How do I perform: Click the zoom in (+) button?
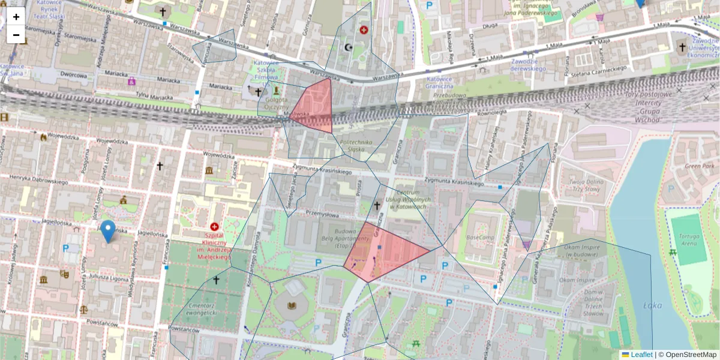pyautogui.click(x=16, y=17)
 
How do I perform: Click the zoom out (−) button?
pyautogui.click(x=16, y=35)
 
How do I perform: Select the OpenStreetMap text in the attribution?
pyautogui.click(x=691, y=355)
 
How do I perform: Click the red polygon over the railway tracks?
pyautogui.click(x=316, y=106)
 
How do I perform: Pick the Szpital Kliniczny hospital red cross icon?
pyautogui.click(x=214, y=226)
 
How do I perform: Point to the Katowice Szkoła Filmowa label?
pyautogui.click(x=268, y=70)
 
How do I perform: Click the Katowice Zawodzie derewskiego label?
pyautogui.click(x=529, y=65)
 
